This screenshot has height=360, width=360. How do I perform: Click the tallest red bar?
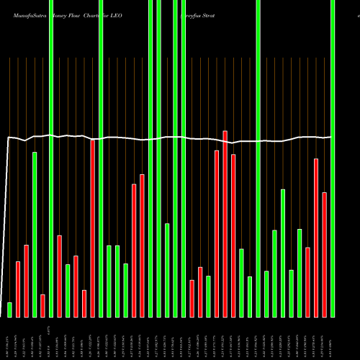[225, 223]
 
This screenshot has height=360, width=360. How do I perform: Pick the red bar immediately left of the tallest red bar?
[217, 233]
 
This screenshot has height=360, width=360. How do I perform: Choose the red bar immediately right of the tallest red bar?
[233, 235]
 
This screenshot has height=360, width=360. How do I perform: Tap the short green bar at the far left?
[10, 310]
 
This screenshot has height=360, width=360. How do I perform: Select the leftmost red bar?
[18, 289]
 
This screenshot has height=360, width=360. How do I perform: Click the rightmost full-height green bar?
[333, 158]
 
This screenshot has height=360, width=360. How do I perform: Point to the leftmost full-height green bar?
[51, 158]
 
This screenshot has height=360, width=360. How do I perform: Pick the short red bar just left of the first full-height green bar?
[42, 305]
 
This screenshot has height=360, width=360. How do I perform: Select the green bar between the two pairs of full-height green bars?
[167, 270]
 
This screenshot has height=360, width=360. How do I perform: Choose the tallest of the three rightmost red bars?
[316, 238]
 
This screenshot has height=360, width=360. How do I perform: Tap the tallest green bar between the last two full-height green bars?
[283, 253]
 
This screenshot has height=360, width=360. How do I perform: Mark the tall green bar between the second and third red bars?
[35, 234]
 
